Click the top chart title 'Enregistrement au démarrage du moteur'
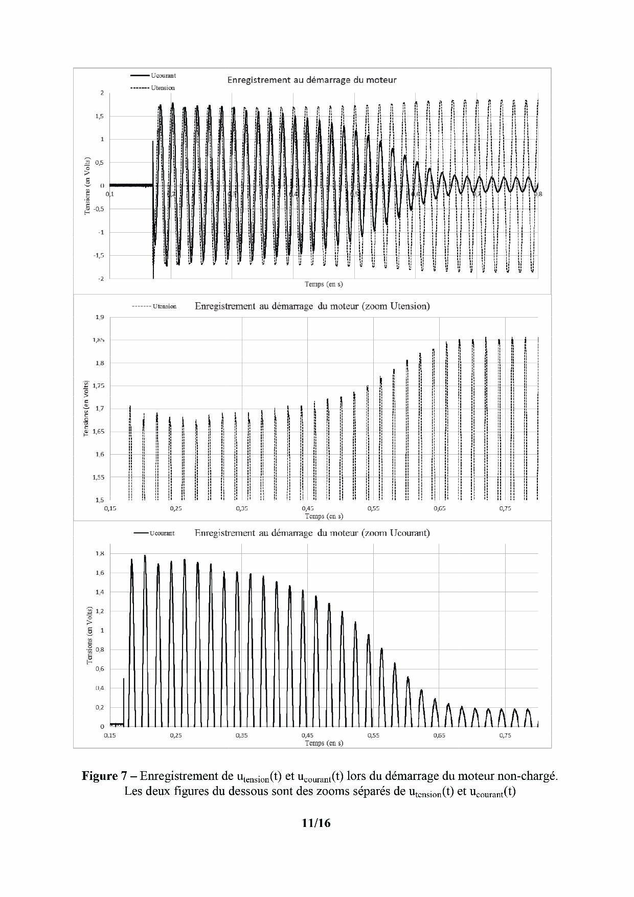(x=311, y=80)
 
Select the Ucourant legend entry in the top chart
(x=163, y=76)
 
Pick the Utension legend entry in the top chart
(x=163, y=88)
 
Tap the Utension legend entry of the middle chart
(x=164, y=306)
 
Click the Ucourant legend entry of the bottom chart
(x=162, y=533)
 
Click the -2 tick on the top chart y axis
(x=101, y=279)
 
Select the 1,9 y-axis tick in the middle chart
(x=99, y=318)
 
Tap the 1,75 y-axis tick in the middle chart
(x=98, y=386)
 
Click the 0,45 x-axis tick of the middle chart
(x=308, y=509)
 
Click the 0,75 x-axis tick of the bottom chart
(x=505, y=735)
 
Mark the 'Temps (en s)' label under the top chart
(x=324, y=284)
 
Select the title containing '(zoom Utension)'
(x=312, y=306)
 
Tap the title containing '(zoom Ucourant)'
(x=312, y=533)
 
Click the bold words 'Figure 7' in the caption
(x=100, y=776)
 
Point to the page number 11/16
(x=316, y=823)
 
